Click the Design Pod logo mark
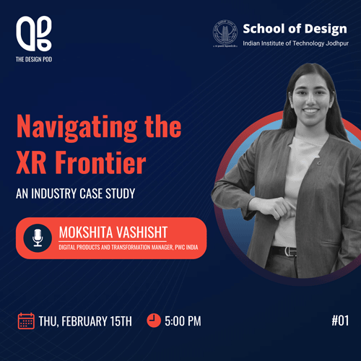coord(34,34)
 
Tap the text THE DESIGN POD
coord(34,59)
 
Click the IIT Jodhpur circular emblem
coord(225,33)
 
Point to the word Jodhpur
coord(337,43)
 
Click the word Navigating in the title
coord(77,128)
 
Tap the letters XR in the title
coord(31,162)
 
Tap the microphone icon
coord(38,238)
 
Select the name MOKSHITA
coord(86,232)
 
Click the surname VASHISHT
coord(142,232)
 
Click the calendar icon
coord(26,321)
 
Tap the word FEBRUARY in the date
coord(84,321)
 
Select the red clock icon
coord(154,321)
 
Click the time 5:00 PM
coord(183,321)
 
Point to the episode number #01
coord(340,321)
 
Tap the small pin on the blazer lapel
coord(319,163)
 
